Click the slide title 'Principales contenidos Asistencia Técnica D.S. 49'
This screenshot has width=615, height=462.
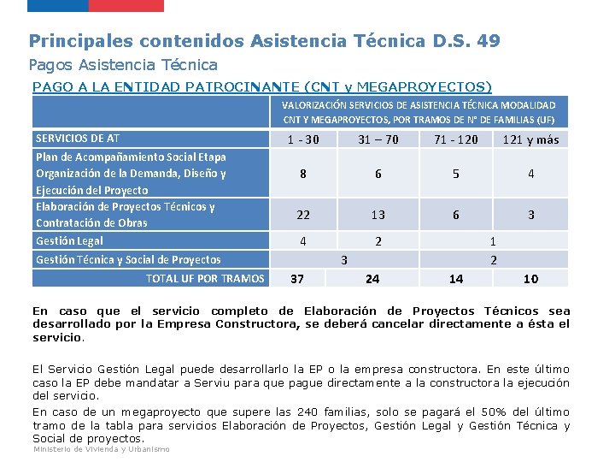264,40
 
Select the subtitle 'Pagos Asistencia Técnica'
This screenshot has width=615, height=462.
123,65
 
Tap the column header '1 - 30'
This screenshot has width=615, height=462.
302,139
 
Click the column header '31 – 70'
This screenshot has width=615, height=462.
378,139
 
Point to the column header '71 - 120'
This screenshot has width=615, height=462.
456,139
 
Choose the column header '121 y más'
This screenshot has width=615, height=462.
530,139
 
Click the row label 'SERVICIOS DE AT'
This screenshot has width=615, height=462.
78,139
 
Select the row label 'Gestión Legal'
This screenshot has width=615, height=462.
69,241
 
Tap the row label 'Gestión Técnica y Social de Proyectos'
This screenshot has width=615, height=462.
128,259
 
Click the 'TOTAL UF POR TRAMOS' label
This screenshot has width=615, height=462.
205,278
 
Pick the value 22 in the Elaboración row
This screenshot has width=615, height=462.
302,215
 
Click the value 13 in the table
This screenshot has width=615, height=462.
378,215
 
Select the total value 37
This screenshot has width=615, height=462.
297,279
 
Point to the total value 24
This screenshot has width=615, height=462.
372,279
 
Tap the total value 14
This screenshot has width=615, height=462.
456,279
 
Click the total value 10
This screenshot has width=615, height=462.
530,279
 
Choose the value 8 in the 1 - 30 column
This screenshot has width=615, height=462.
302,174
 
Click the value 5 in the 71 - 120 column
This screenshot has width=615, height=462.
456,174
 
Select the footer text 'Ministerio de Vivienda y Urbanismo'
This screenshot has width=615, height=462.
101,449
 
